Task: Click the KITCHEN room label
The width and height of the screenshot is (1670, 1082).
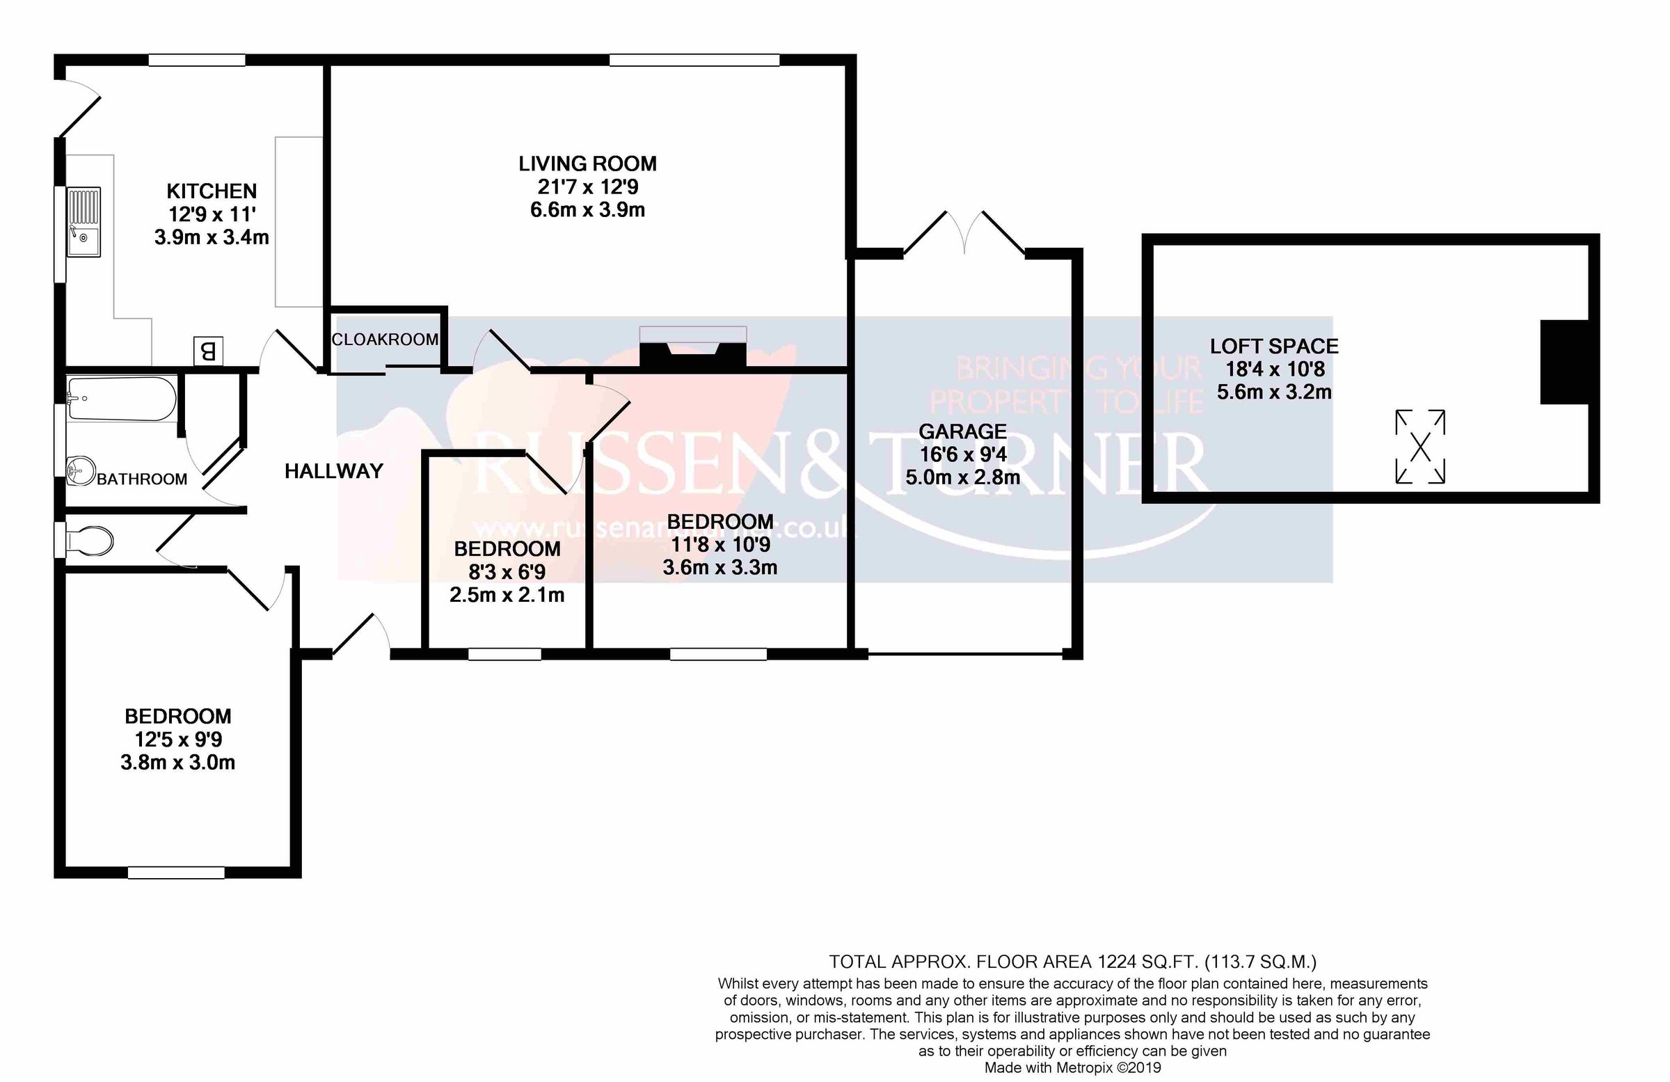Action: pyautogui.click(x=212, y=191)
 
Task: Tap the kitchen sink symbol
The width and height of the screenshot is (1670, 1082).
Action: pyautogui.click(x=84, y=221)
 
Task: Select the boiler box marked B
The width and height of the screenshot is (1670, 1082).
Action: pyautogui.click(x=207, y=351)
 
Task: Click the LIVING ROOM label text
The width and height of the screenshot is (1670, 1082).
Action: pyautogui.click(x=587, y=164)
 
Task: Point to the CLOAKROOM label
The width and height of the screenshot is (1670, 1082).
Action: pyautogui.click(x=385, y=340)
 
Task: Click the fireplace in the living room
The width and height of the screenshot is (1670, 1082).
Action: pyautogui.click(x=692, y=348)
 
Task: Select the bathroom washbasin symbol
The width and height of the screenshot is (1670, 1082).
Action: pyautogui.click(x=82, y=470)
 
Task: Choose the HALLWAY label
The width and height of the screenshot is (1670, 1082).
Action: pyautogui.click(x=333, y=471)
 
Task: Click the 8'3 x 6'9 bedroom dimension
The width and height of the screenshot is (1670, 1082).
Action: pyautogui.click(x=507, y=572)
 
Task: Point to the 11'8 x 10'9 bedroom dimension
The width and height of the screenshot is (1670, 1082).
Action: pyautogui.click(x=720, y=545)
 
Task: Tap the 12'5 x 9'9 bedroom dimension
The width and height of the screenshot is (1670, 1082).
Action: pyautogui.click(x=178, y=739)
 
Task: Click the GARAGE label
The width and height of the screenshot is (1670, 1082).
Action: pyautogui.click(x=962, y=431)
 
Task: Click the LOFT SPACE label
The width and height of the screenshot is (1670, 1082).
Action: pyautogui.click(x=1273, y=346)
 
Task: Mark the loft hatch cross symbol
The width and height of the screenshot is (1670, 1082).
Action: pyautogui.click(x=1419, y=447)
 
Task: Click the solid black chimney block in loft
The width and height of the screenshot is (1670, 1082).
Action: pyautogui.click(x=1564, y=362)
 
